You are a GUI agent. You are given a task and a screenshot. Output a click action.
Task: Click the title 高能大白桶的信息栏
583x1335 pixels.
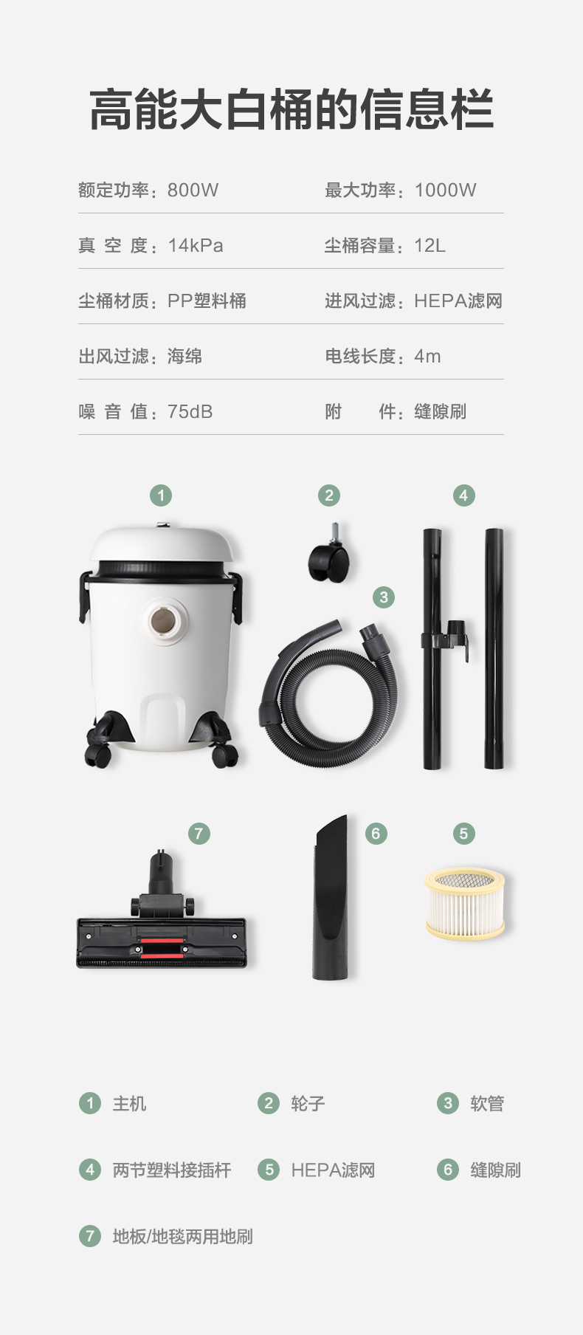291,109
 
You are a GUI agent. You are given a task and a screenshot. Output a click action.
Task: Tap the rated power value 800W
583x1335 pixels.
193,191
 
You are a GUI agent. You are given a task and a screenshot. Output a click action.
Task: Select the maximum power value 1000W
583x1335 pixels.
446,191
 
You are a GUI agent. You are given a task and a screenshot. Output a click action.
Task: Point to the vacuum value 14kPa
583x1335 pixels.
196,246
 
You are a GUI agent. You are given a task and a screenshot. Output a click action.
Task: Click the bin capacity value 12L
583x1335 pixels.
430,246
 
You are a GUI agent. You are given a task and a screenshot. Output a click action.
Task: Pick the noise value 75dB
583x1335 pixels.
190,412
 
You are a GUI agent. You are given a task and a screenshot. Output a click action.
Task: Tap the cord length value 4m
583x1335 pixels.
427,357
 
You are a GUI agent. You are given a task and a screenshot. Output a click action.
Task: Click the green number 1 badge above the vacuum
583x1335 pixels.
161,495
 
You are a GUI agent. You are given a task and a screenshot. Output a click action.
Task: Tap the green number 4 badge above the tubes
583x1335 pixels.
463,495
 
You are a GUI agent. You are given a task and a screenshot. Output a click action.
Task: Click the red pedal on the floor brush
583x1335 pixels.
162,948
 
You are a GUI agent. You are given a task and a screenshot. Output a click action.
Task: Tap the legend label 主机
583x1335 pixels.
129,1104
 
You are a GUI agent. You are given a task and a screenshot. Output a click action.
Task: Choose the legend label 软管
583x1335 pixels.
487,1104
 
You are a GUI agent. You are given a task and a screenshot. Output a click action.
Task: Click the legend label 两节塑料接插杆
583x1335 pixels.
172,1170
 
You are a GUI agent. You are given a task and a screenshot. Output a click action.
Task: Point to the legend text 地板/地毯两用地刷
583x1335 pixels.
182,1237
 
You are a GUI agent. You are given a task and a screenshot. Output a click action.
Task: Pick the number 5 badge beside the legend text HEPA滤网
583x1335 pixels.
269,1170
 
